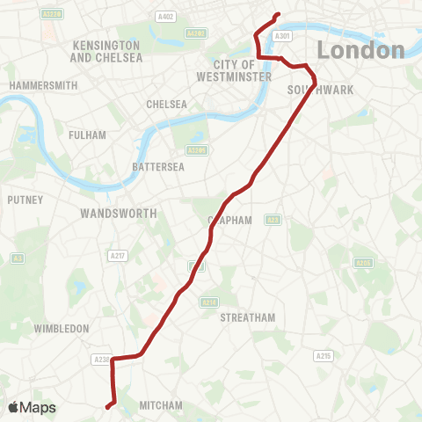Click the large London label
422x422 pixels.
coord(360,50)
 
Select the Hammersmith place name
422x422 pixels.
coord(44,85)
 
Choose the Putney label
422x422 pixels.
coord(25,200)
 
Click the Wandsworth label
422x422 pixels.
coord(118,214)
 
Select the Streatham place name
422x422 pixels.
coord(248,317)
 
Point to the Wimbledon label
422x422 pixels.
coord(62,328)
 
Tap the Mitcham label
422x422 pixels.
coord(161,405)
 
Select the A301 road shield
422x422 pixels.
coord(281,36)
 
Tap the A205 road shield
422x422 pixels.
coord(363,262)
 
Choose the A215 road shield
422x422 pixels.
coord(324,355)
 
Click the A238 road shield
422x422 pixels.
coord(101,359)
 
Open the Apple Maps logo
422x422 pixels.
coord(32,407)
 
